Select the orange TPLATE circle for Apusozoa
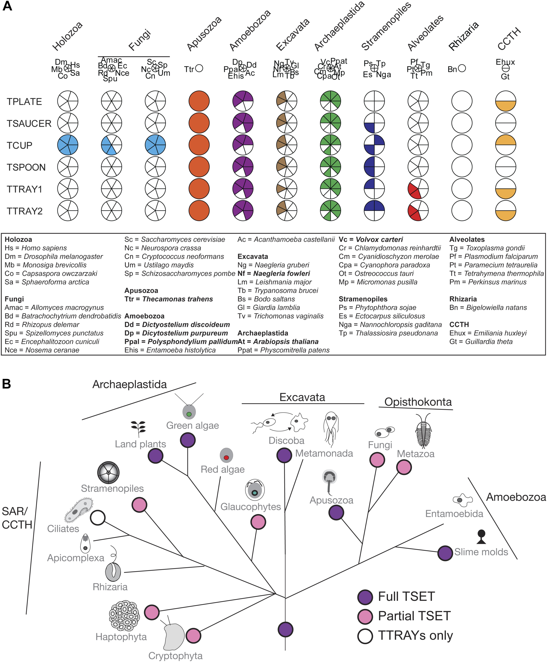(x=199, y=101)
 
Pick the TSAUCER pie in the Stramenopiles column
(x=374, y=123)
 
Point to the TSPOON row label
(x=26, y=167)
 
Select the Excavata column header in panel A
(x=293, y=35)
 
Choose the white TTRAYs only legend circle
(x=365, y=636)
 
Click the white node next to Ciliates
(x=98, y=518)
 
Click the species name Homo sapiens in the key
(x=44, y=248)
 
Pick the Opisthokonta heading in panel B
(x=418, y=402)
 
